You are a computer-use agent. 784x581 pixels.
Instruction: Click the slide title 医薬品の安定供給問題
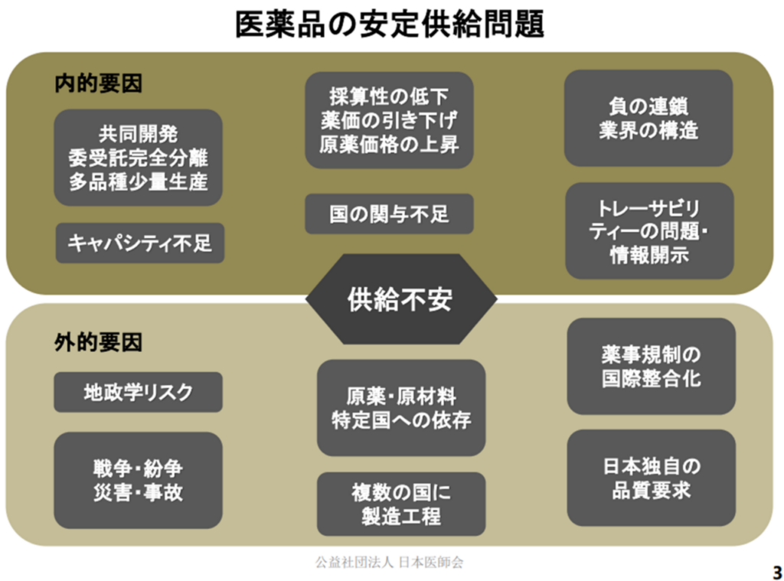[x=390, y=24]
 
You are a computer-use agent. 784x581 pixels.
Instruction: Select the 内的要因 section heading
[x=99, y=83]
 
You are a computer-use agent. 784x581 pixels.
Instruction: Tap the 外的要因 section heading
[x=99, y=342]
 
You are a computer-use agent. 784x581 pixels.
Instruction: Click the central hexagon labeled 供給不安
[x=401, y=299]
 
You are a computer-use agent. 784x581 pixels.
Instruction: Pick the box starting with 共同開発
[x=138, y=158]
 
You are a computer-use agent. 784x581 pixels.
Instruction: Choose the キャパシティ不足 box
[x=139, y=243]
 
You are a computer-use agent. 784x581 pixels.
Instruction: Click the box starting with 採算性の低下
[x=389, y=120]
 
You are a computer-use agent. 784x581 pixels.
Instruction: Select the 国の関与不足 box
[x=389, y=214]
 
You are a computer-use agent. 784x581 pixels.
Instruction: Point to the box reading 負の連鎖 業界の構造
[x=648, y=118]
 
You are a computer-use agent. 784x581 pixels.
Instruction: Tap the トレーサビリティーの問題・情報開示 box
[x=649, y=230]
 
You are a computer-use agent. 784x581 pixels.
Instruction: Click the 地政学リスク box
[x=138, y=392]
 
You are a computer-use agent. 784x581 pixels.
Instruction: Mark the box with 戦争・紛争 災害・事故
[x=138, y=480]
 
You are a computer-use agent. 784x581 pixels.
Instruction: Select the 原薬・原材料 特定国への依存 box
[x=401, y=407]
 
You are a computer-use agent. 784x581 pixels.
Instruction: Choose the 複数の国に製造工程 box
[x=401, y=504]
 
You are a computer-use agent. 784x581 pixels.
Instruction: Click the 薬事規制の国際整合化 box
[x=651, y=366]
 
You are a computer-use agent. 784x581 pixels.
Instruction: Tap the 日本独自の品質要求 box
[x=651, y=478]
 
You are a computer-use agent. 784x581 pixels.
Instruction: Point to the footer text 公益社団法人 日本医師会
[x=390, y=563]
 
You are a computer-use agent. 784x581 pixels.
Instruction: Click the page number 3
[x=777, y=572]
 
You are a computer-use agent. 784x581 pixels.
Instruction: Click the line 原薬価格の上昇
[x=389, y=145]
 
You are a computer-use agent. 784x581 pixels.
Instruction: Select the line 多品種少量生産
[x=138, y=181]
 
